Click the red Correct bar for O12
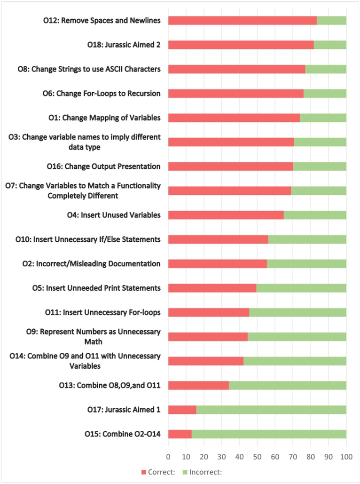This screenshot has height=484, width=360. (x=242, y=20)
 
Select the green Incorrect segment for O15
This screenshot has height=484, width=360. (x=269, y=434)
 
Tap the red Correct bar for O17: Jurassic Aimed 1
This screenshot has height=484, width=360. (x=182, y=410)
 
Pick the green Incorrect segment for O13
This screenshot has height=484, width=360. (x=288, y=385)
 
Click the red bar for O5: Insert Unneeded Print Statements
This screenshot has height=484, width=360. (x=212, y=288)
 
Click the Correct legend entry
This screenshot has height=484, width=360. (x=158, y=471)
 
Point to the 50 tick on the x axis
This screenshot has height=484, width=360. (x=257, y=456)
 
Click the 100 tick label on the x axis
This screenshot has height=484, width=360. (x=346, y=456)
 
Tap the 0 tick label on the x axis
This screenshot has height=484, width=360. (x=168, y=456)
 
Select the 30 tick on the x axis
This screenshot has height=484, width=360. (x=221, y=456)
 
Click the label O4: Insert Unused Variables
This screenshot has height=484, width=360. (x=114, y=215)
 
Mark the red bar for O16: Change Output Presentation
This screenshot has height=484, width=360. (x=230, y=166)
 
